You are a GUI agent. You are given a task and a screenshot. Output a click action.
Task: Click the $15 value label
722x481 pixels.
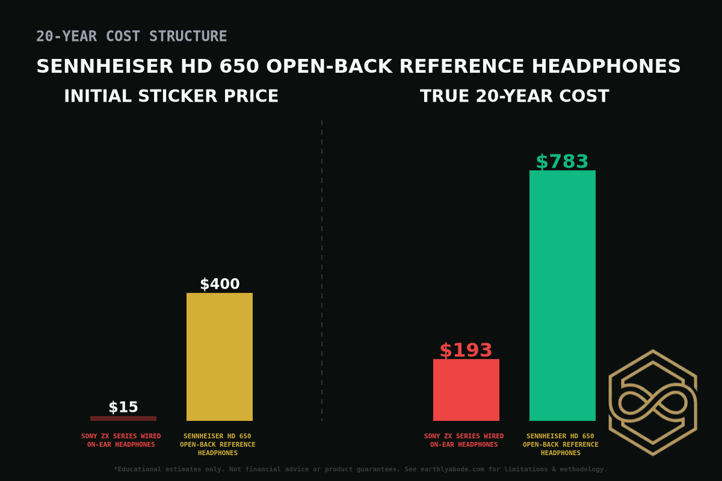[x=123, y=408]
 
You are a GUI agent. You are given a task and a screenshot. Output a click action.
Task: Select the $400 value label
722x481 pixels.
[x=220, y=284]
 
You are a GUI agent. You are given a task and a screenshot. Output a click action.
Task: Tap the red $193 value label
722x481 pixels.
[x=466, y=351]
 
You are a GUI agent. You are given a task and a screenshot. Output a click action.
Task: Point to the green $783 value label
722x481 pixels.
[x=562, y=162]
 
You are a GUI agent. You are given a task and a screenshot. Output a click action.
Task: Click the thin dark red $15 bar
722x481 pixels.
[x=123, y=418]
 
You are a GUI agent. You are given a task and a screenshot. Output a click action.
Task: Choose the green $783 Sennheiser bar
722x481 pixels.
[x=563, y=295]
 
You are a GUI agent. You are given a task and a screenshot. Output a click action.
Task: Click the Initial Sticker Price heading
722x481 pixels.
[x=171, y=96]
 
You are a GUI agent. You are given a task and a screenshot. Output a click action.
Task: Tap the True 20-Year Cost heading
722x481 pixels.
[x=514, y=96]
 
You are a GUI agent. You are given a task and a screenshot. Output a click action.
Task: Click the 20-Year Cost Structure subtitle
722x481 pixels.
[x=132, y=37]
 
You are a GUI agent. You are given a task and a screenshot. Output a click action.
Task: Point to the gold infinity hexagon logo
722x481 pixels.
[x=653, y=402]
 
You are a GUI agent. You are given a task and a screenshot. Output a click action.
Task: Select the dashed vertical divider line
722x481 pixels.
[x=322, y=271]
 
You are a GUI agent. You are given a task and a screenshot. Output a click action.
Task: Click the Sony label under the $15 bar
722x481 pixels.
[x=121, y=440]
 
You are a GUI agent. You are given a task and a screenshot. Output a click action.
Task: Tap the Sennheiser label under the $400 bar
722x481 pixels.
[x=218, y=444]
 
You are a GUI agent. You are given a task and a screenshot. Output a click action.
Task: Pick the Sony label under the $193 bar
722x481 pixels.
[x=464, y=440]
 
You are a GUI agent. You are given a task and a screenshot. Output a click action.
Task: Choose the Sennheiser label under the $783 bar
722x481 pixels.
[x=561, y=444]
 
